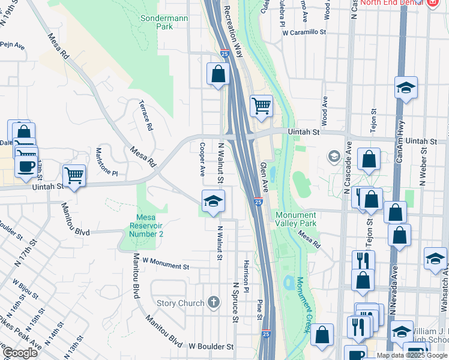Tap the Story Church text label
pos(180,303)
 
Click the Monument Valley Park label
pos(295,220)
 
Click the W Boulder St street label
pos(211,347)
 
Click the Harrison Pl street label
pos(246,272)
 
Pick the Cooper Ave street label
pos(203,159)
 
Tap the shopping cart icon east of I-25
pos(261,107)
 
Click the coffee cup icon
pos(25,166)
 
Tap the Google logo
pos(19,352)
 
